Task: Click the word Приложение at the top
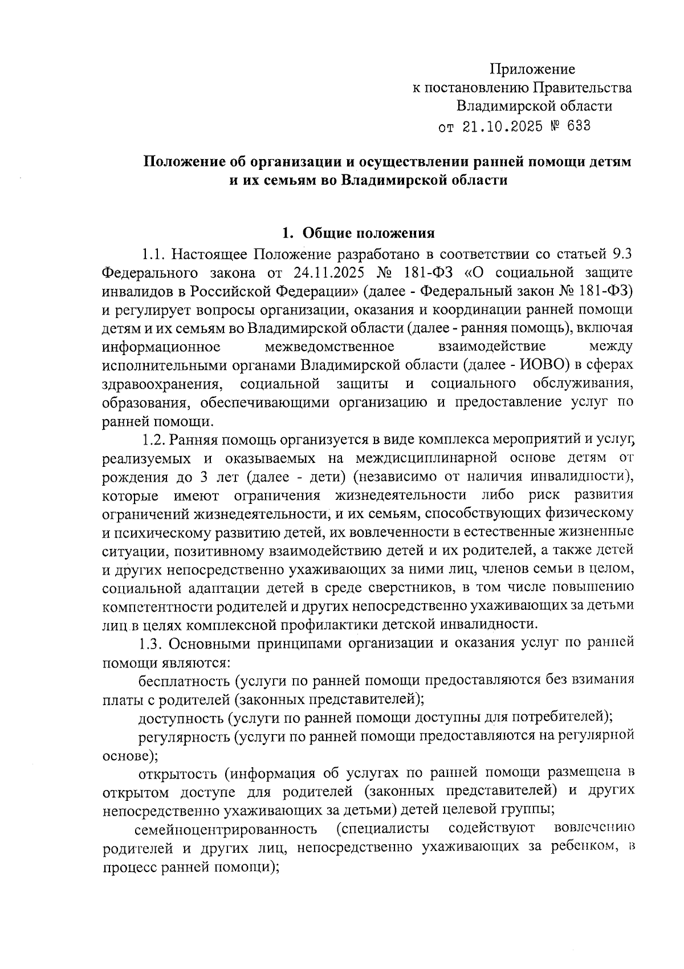(x=532, y=70)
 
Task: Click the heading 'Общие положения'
(x=368, y=233)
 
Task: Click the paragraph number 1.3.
(x=153, y=643)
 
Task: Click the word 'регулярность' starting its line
(x=184, y=735)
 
